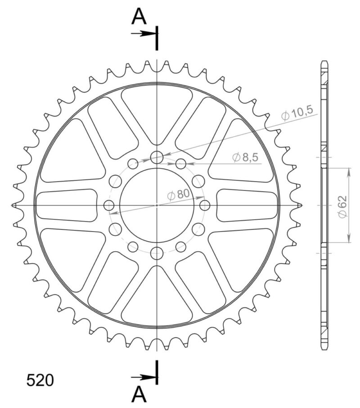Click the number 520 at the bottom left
[40, 381]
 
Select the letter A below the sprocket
[139, 395]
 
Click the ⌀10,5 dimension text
[297, 114]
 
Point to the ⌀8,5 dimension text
[245, 157]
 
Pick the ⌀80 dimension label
[177, 195]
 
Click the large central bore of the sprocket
[157, 216]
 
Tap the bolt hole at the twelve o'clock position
[157, 157]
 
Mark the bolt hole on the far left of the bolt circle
[109, 205]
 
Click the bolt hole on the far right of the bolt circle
[205, 205]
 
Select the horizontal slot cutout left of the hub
[67, 205]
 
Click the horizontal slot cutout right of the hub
[247, 205]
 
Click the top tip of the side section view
[324, 60]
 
